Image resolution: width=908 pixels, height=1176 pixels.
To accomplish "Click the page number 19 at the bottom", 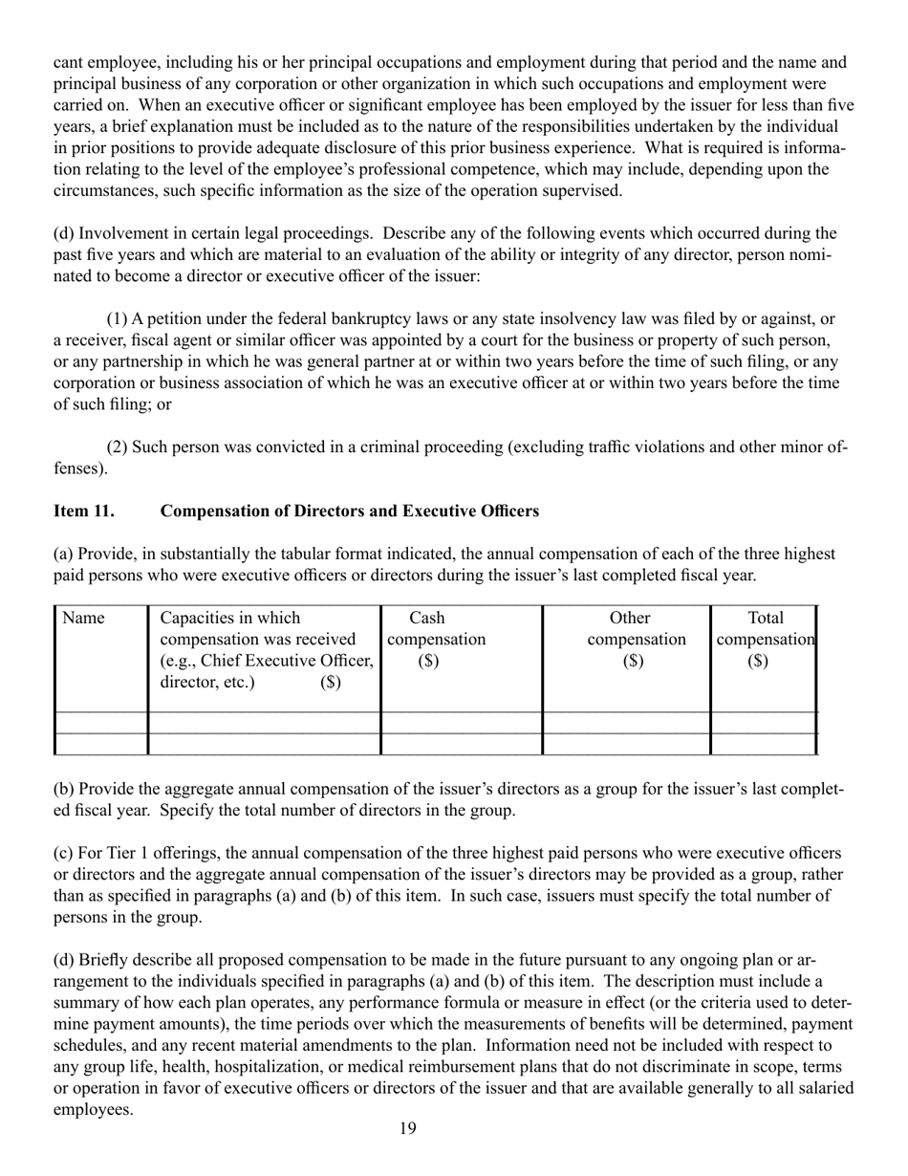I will pos(407,1129).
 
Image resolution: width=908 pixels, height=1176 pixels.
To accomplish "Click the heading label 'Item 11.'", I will pos(84,512).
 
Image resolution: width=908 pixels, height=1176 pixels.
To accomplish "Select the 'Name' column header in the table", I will pos(83,619).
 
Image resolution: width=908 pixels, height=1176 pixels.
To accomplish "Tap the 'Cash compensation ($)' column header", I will pos(435,639).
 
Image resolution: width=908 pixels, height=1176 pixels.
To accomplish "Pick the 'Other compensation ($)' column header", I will pos(636,639).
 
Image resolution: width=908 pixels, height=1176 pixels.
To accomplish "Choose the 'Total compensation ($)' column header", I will pos(765,639).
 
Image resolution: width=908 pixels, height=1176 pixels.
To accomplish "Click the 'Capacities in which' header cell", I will pos(229,619).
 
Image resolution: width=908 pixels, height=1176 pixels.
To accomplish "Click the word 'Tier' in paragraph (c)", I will pos(122,853).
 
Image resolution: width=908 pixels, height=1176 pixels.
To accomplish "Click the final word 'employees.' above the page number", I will pos(93,1110).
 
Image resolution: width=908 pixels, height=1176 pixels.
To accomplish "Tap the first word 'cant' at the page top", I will pos(68,63).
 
